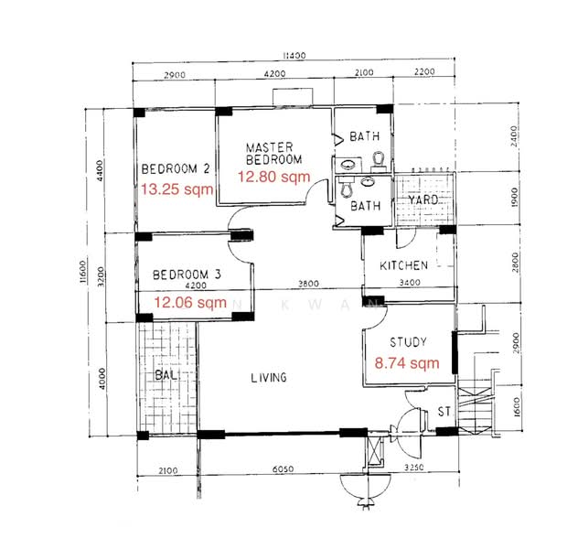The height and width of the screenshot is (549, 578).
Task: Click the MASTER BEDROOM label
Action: click(x=273, y=154)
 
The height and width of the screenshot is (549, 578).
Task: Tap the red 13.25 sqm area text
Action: click(x=177, y=189)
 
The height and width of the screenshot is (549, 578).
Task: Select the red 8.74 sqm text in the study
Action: click(x=407, y=363)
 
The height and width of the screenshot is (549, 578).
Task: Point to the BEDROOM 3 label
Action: click(x=187, y=274)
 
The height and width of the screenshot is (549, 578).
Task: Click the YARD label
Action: click(x=423, y=199)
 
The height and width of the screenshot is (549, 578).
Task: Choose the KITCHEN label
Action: click(x=403, y=265)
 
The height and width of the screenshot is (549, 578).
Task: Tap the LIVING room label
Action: click(x=269, y=378)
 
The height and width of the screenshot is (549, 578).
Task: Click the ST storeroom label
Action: click(x=444, y=412)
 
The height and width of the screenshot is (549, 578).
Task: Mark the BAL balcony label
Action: click(x=166, y=375)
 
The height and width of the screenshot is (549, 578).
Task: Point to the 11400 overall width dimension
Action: click(x=294, y=55)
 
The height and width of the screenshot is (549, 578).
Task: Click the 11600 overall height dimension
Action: click(x=82, y=272)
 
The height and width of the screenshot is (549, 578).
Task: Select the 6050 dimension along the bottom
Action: click(x=284, y=469)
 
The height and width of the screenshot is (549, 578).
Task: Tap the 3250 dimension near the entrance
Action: click(x=414, y=468)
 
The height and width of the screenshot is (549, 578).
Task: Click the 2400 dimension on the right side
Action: click(x=514, y=136)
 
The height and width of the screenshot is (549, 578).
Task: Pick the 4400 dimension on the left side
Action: click(x=100, y=170)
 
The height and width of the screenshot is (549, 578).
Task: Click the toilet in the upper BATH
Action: click(x=378, y=161)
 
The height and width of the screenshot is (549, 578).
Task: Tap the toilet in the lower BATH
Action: click(x=346, y=187)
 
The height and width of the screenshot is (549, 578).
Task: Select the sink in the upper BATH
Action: click(x=348, y=164)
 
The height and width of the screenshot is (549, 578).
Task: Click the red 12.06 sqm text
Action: click(x=190, y=303)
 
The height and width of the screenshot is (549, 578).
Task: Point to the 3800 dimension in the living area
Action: click(x=308, y=284)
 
